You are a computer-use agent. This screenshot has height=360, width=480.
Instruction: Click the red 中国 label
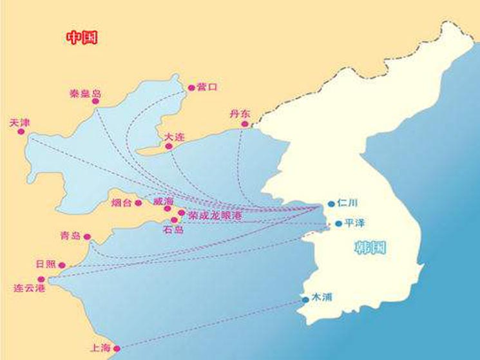point(82,37)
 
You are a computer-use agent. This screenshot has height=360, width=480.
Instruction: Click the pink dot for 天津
point(21,131)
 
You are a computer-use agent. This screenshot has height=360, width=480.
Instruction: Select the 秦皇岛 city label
point(86,94)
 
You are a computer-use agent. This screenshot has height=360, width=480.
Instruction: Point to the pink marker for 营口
point(191,88)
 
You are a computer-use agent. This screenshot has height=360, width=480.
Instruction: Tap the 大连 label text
point(173,137)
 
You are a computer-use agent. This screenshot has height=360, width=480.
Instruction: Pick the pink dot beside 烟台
point(138,203)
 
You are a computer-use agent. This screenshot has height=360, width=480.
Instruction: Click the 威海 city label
point(164,201)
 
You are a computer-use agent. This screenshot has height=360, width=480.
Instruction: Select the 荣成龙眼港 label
point(215,216)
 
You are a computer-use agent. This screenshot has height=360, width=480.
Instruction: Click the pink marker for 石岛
point(174,220)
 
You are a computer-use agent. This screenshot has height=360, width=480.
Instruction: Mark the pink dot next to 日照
point(62,265)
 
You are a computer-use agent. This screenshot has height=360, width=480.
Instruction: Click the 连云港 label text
point(30,289)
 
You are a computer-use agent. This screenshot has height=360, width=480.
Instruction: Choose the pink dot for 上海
point(117,348)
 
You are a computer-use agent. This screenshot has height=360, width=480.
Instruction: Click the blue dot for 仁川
point(331,204)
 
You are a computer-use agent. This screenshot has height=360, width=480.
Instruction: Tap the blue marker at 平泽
point(338,224)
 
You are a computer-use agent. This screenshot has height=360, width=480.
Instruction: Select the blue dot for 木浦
point(305,300)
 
